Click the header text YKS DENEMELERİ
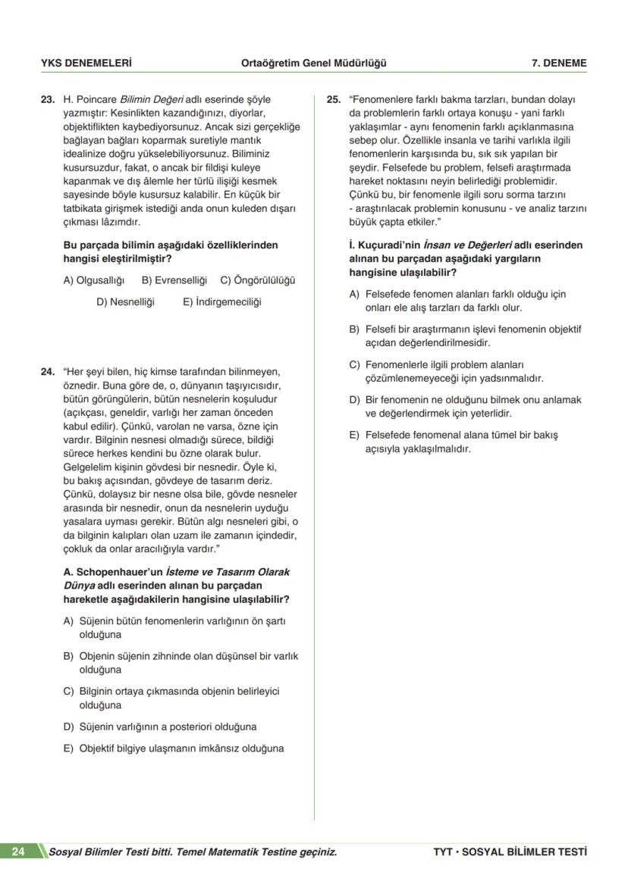click(86, 63)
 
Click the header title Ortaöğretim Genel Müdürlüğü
click(312, 63)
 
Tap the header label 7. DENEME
click(559, 63)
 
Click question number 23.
click(47, 99)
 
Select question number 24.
click(47, 372)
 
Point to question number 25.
click(333, 99)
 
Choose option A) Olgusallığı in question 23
click(94, 280)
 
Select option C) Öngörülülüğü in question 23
click(258, 280)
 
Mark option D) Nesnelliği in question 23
click(125, 301)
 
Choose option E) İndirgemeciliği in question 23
click(222, 301)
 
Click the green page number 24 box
click(19, 851)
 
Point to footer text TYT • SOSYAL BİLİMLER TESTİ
click(510, 852)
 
